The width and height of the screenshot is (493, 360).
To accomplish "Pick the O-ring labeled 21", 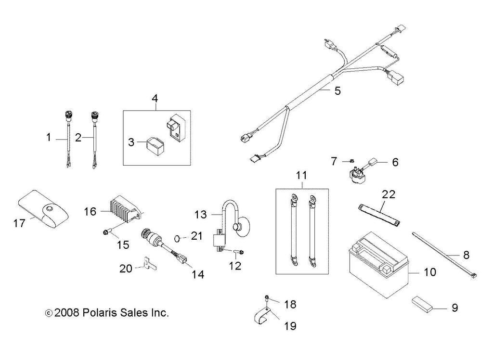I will pyautogui.click(x=177, y=237).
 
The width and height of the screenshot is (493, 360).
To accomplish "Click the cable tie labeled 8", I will pyautogui.click(x=443, y=255).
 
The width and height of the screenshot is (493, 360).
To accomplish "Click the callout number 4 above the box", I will pyautogui.click(x=155, y=98).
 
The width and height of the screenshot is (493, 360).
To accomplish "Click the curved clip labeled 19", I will pyautogui.click(x=263, y=315).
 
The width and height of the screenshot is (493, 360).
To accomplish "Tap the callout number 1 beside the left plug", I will pyautogui.click(x=49, y=138).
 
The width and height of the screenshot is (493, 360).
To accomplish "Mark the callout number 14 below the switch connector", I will pyautogui.click(x=197, y=274).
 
